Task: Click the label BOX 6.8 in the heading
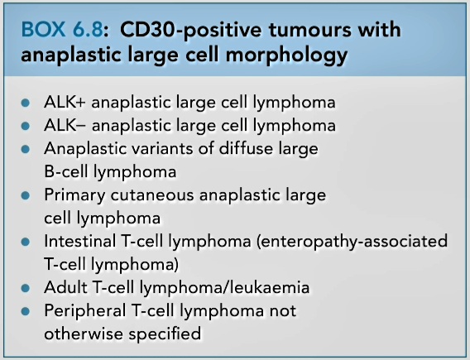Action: pos(62,30)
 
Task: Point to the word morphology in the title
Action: pos(287,56)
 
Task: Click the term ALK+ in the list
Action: pos(65,103)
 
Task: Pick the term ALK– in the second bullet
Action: pos(65,125)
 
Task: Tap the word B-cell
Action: pos(66,171)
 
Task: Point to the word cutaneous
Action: pos(152,194)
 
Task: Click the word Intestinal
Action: pos(80,241)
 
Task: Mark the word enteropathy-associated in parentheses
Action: pos(352,242)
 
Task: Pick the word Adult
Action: pos(65,287)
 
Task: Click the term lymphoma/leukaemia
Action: pos(224,288)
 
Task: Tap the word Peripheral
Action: pos(85,310)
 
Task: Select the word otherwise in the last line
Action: pos(84,334)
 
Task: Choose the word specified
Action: pos(165,334)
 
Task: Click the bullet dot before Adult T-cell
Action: pos(26,288)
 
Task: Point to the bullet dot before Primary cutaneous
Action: pos(26,196)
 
